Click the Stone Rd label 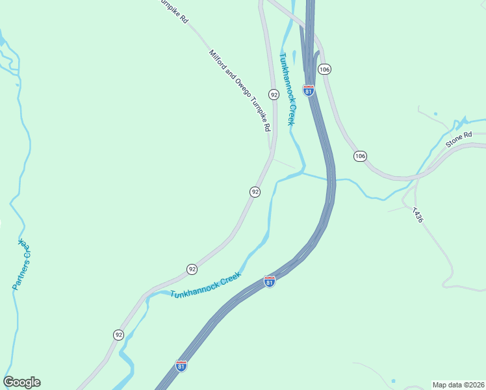(457, 139)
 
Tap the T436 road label (417, 215)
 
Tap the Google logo (21, 382)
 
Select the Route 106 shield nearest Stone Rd (361, 156)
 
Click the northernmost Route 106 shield (325, 69)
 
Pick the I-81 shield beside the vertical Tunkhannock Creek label (309, 90)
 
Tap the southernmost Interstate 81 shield (181, 366)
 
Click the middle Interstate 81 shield (270, 281)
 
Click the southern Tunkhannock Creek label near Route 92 (205, 285)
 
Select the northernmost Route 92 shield (274, 94)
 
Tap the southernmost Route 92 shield (118, 335)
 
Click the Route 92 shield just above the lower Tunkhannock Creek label (192, 268)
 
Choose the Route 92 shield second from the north (255, 192)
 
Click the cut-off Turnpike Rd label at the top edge (174, 11)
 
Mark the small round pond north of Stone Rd (435, 114)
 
